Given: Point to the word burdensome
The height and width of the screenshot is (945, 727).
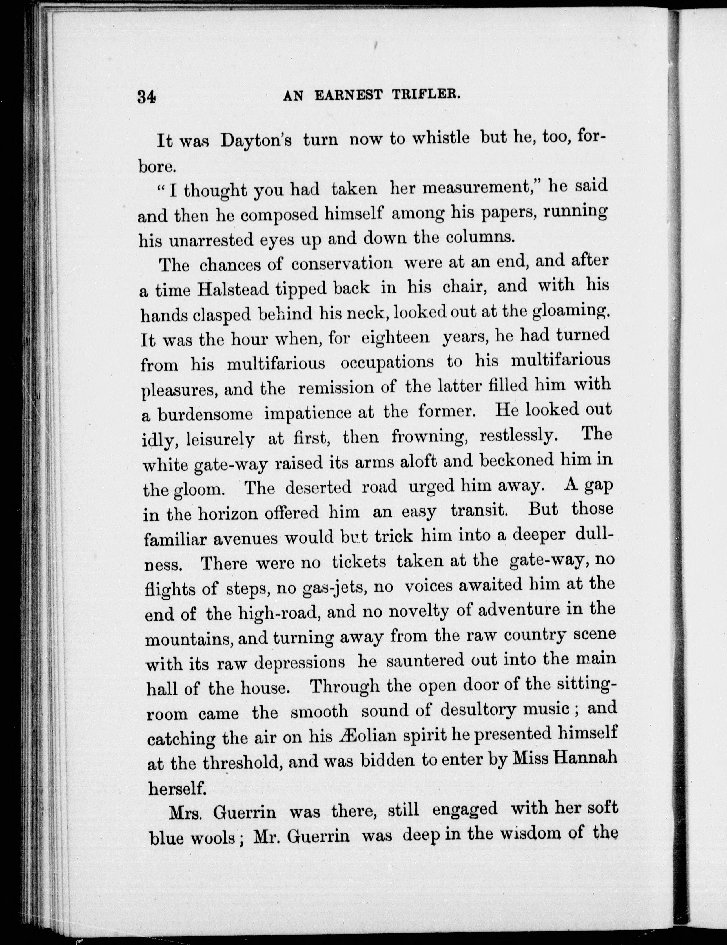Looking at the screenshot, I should click(205, 414).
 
